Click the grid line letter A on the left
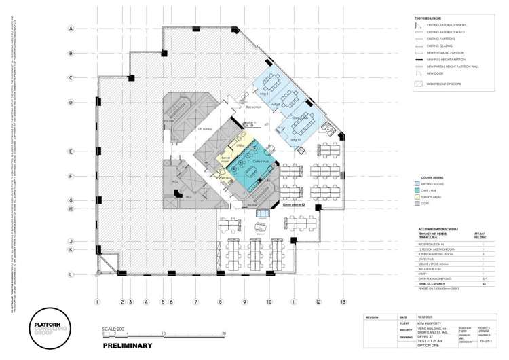tap(70, 29)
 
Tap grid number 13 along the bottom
tap(343, 301)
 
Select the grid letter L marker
tap(70, 274)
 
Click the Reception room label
tap(254, 107)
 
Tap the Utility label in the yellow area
tap(240, 145)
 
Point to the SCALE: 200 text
tap(113, 328)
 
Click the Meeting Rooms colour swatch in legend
tap(418, 183)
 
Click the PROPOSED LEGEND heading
tap(428, 18)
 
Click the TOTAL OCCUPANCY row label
tap(435, 284)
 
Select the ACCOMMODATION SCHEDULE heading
tap(440, 229)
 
